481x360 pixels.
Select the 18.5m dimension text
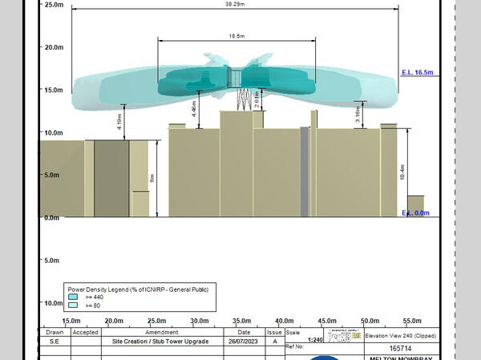(236, 36)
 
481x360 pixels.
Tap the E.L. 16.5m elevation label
(417, 73)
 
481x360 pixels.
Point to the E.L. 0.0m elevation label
(415, 213)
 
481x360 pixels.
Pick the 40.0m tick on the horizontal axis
(284, 321)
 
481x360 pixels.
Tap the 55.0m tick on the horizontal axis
(412, 321)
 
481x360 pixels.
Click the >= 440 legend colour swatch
(72, 296)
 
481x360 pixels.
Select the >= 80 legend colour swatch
(72, 305)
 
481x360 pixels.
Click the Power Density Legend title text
(137, 288)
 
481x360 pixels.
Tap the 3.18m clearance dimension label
(358, 115)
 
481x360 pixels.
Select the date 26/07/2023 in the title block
(244, 341)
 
